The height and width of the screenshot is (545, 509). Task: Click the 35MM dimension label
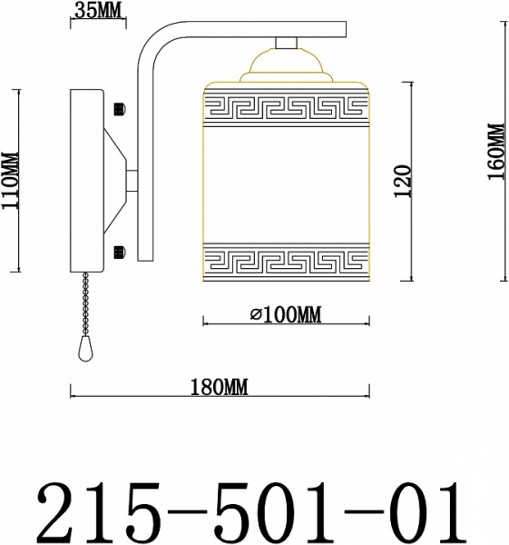coord(99,11)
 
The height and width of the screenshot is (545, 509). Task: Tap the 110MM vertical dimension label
coord(10,180)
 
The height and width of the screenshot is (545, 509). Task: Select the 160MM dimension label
coord(495,151)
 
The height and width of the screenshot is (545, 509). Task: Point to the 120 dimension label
coord(404,181)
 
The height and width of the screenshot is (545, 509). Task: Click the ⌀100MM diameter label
coord(286,314)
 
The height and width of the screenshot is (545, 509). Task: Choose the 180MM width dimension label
coord(220,387)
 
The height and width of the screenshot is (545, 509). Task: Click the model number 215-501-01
coord(253,510)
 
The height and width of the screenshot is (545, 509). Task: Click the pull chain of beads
coord(85,304)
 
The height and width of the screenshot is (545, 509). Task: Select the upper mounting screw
coord(119,109)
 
